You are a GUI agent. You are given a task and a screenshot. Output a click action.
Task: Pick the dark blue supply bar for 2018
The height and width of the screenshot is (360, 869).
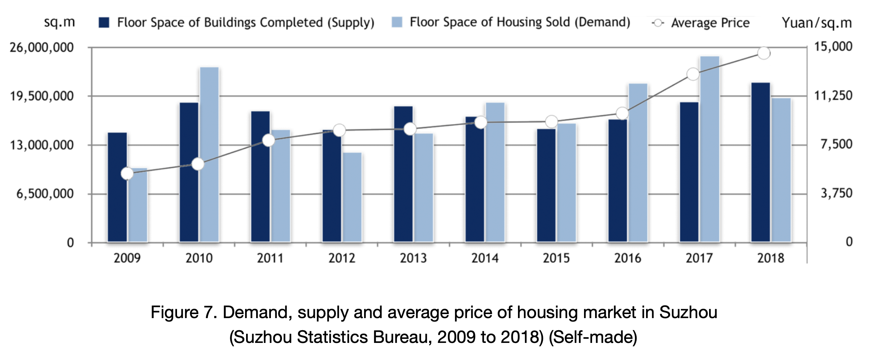(x=761, y=162)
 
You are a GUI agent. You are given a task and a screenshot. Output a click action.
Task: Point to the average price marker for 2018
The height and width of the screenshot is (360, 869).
(x=764, y=53)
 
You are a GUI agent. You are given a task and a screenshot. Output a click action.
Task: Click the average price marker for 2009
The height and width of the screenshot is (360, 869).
(x=127, y=174)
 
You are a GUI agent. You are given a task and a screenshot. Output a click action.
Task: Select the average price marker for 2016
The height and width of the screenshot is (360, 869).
(x=622, y=113)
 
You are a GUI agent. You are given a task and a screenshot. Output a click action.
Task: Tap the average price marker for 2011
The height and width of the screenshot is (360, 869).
(x=269, y=140)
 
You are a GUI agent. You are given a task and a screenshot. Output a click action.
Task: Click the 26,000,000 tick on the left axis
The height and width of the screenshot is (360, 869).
(x=42, y=48)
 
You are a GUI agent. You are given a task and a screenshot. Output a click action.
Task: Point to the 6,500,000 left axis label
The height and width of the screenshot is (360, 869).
(x=45, y=194)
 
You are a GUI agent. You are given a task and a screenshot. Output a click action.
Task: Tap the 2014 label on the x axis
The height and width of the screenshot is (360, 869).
(x=485, y=258)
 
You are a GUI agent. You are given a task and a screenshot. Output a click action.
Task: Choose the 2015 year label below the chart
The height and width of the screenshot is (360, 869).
(x=556, y=258)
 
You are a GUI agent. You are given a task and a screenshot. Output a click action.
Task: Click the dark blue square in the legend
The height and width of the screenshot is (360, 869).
(x=104, y=23)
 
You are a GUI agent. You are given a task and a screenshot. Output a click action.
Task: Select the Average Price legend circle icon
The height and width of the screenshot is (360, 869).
(x=657, y=23)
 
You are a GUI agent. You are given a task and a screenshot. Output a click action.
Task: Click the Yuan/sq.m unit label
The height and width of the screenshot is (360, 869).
(x=817, y=23)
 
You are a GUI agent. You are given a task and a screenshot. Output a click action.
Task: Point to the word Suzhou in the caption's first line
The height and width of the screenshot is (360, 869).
(x=688, y=312)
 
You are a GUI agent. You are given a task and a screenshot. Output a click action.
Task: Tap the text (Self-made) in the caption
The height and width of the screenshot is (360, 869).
(x=593, y=337)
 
